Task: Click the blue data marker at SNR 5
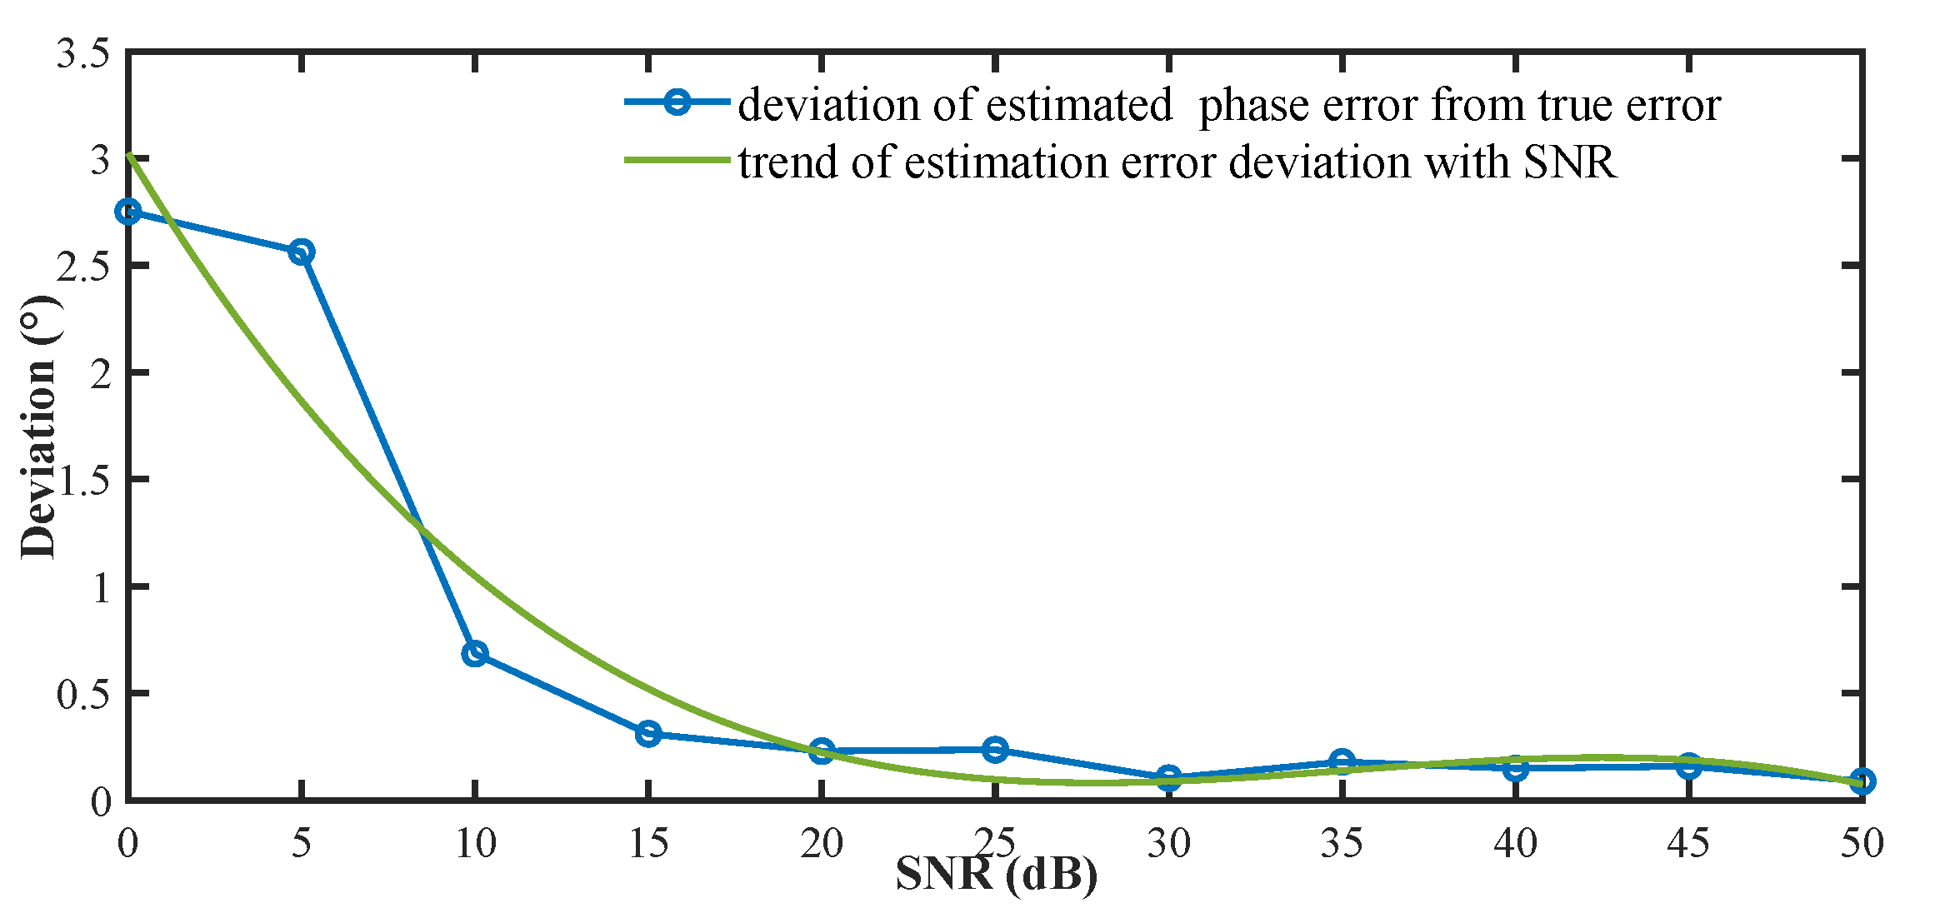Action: click(x=302, y=252)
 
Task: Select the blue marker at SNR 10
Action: click(x=475, y=653)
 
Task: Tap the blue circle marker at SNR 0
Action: click(x=128, y=212)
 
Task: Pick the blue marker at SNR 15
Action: click(x=648, y=734)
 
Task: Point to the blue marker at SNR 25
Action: click(x=995, y=750)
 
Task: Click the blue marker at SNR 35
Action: click(x=1342, y=761)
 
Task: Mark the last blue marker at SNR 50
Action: click(x=1862, y=781)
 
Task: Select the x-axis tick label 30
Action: click(x=1168, y=844)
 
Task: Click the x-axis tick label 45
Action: click(x=1688, y=844)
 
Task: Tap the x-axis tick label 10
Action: click(x=475, y=844)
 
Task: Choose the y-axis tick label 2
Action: click(x=101, y=374)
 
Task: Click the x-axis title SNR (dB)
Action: click(x=997, y=875)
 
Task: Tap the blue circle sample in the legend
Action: click(x=677, y=102)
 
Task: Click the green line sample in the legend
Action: click(x=677, y=160)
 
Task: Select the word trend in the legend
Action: click(x=787, y=162)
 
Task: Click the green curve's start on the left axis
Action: click(x=128, y=155)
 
